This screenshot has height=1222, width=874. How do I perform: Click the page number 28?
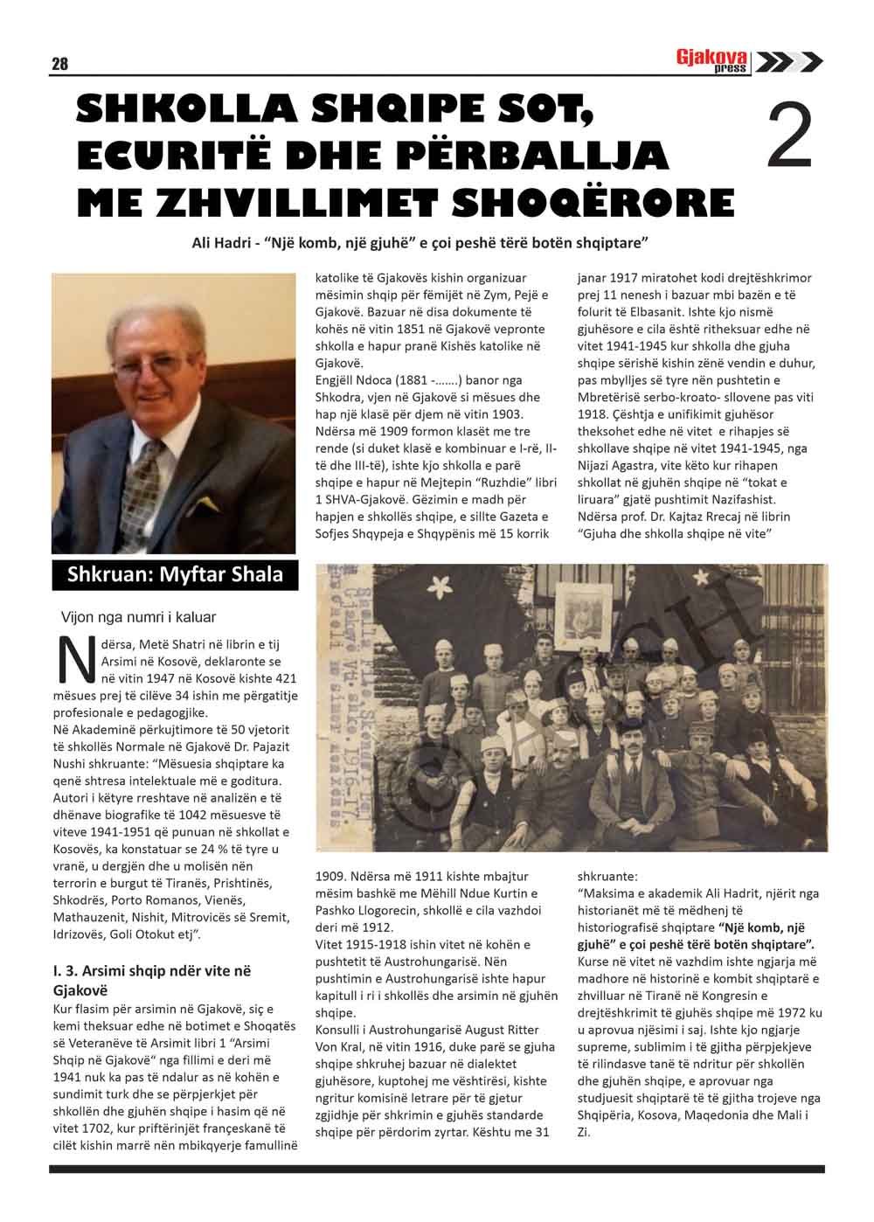click(59, 64)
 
